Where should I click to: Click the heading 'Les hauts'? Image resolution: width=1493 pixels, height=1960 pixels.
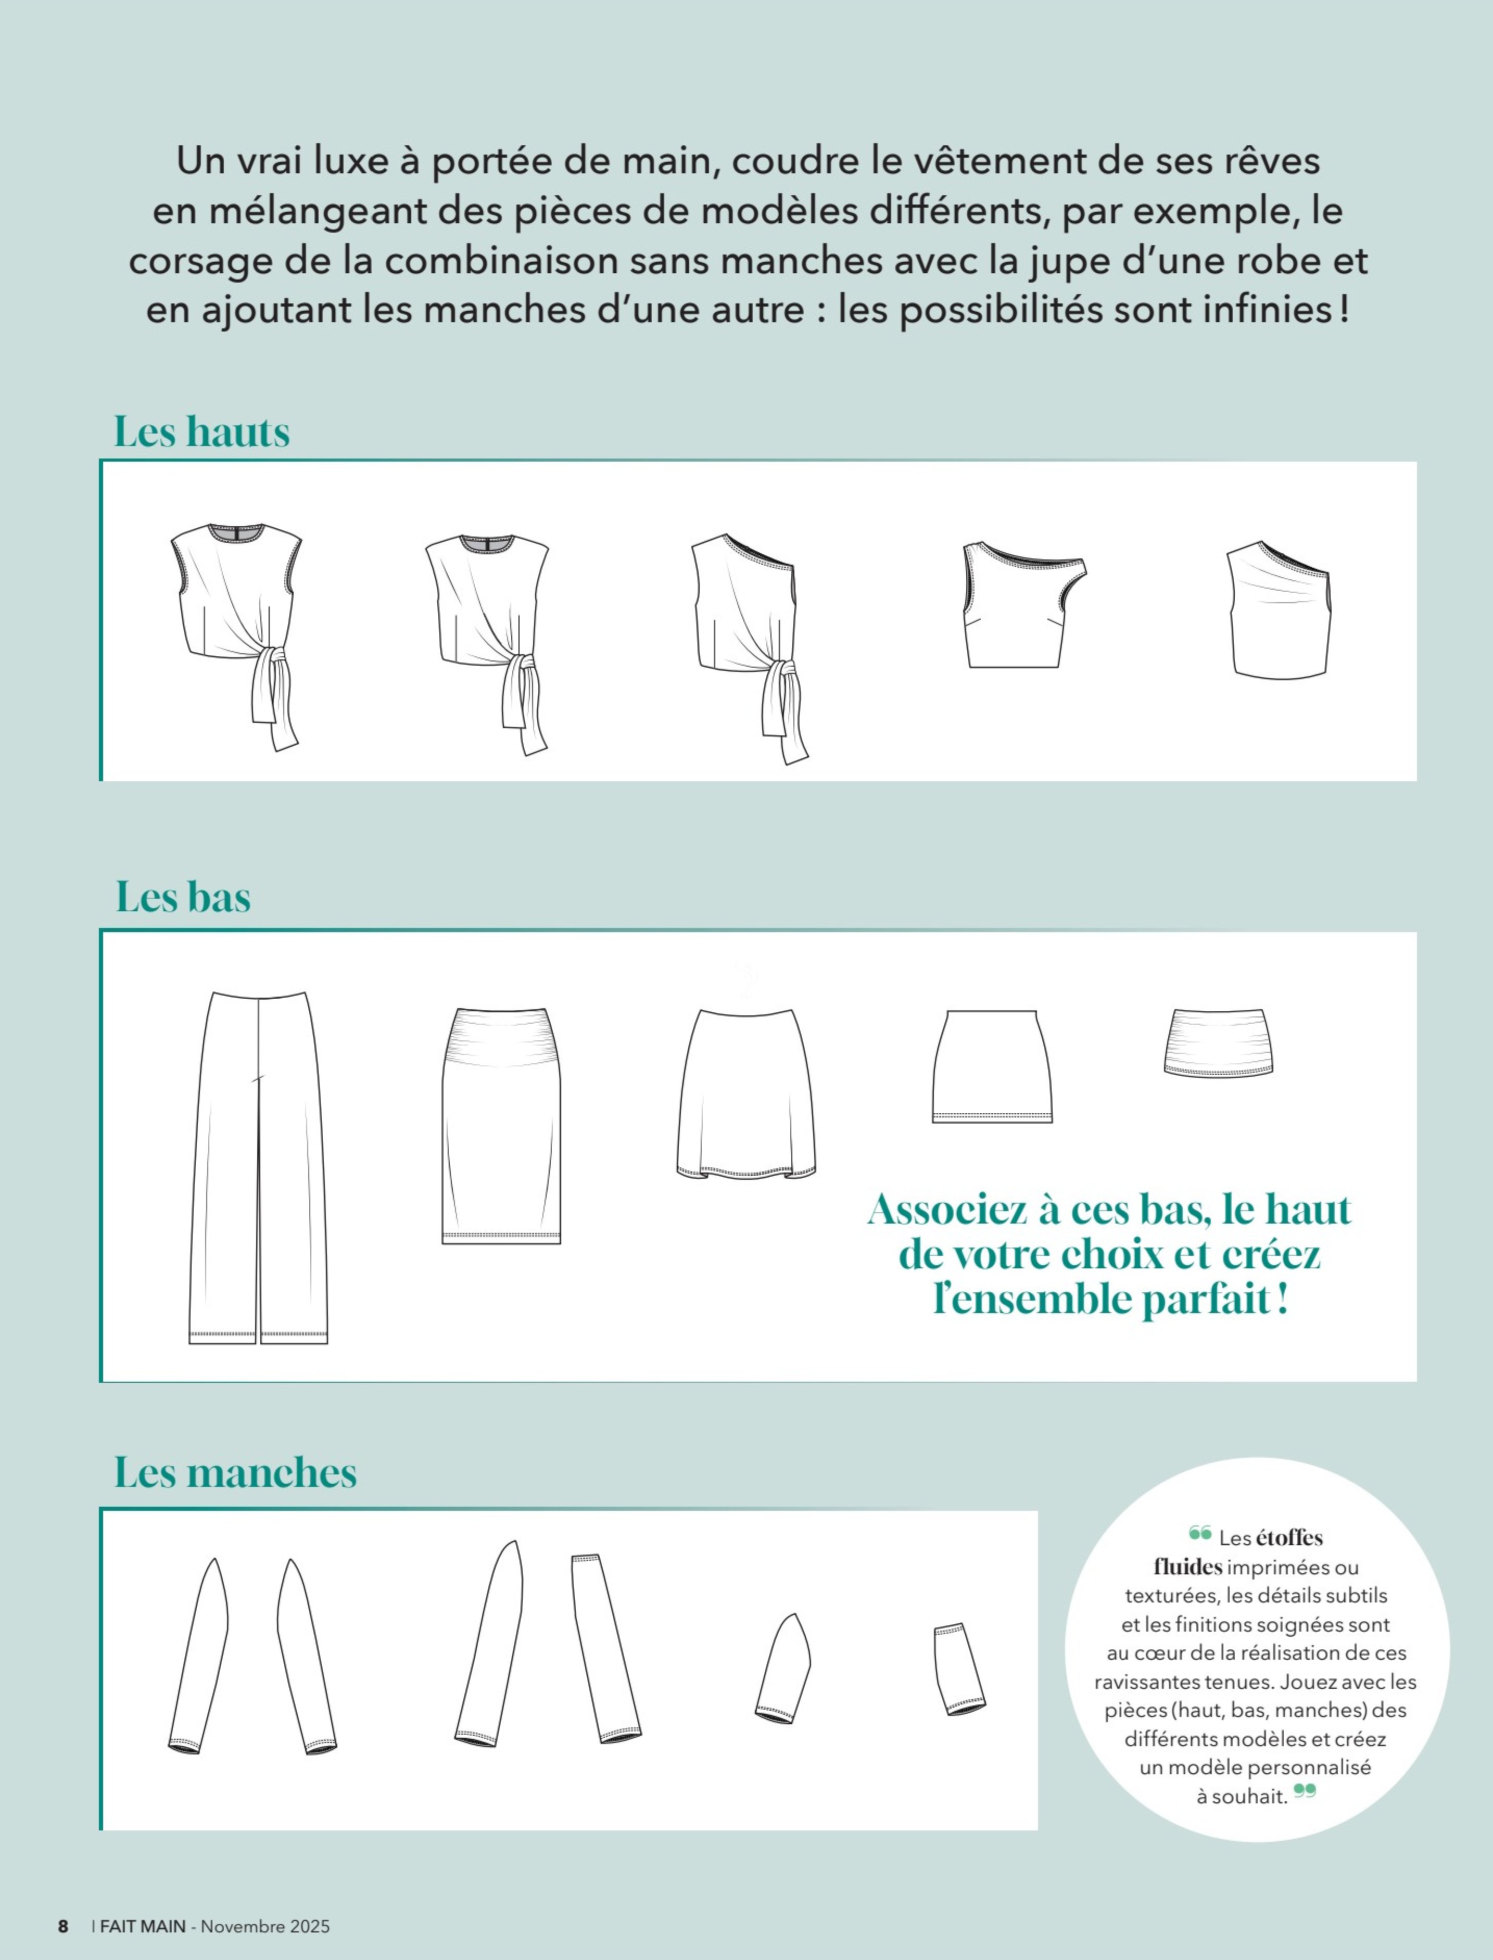[x=202, y=432]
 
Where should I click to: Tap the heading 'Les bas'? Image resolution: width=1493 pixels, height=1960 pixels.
[x=183, y=897]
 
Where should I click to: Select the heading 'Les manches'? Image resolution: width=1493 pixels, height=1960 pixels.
[x=235, y=1472]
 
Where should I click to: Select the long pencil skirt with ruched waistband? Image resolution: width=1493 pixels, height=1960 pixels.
[x=501, y=1126]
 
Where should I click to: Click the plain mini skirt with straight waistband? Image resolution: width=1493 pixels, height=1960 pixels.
[x=992, y=1066]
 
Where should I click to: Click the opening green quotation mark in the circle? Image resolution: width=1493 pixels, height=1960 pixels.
[x=1200, y=1533]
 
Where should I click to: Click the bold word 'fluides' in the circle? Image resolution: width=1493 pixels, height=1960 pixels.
[x=1188, y=1567]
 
